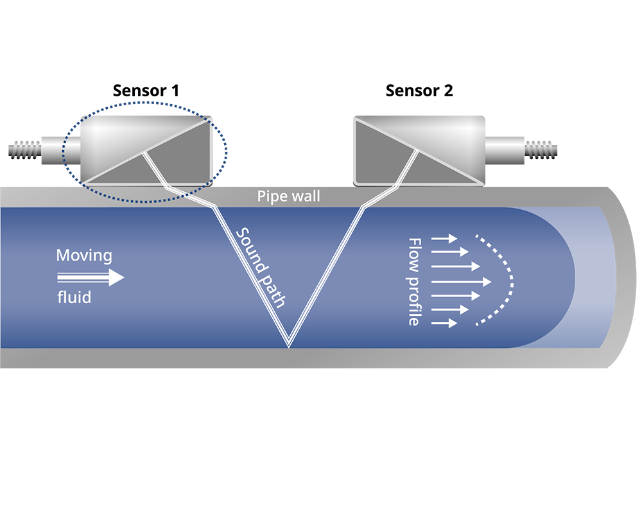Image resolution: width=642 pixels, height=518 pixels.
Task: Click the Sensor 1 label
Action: [x=146, y=91]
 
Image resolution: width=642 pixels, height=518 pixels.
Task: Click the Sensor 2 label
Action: [x=419, y=91]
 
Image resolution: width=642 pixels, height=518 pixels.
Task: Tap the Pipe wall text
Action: [x=289, y=196]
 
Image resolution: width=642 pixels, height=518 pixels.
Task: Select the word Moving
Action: [x=84, y=255]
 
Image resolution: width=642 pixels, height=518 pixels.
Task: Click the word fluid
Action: [x=74, y=297]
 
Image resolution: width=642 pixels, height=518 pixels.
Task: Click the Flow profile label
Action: [x=414, y=282]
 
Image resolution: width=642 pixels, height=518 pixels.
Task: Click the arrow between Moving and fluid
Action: [x=91, y=277]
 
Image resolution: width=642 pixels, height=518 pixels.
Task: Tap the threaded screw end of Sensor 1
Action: [x=24, y=150]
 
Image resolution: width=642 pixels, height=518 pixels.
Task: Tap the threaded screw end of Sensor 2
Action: [x=541, y=150]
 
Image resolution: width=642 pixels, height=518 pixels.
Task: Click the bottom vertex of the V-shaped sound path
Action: [x=289, y=347]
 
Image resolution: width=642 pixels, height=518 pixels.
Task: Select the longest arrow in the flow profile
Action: [x=462, y=282]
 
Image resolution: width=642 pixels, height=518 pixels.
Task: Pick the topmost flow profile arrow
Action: [x=444, y=238]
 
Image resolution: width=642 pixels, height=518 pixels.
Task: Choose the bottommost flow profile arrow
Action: [x=444, y=323]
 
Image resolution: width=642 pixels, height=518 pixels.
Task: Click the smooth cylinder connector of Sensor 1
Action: [x=61, y=150]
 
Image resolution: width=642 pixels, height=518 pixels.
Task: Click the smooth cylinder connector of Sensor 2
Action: [x=505, y=150]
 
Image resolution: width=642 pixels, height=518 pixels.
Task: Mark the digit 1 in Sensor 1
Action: [x=176, y=91]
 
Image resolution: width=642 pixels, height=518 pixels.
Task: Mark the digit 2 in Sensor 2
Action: [x=448, y=91]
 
